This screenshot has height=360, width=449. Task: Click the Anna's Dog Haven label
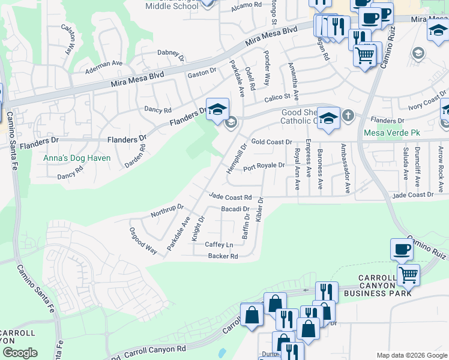[x=76, y=158]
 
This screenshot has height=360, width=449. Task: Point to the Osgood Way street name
[x=143, y=241]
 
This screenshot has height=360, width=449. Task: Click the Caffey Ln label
[x=218, y=245]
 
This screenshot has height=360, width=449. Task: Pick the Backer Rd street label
[x=223, y=256]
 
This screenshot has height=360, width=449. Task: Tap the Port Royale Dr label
[x=264, y=166]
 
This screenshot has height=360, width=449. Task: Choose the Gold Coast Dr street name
[x=271, y=142]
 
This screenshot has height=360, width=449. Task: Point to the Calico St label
[x=279, y=96]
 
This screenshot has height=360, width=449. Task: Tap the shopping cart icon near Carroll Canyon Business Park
[x=408, y=275]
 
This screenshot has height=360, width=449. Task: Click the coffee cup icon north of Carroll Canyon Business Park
[x=402, y=249]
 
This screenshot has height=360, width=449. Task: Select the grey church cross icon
[x=348, y=115]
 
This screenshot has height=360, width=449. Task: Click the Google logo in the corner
[x=20, y=353]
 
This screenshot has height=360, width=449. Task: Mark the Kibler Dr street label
[x=259, y=209]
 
